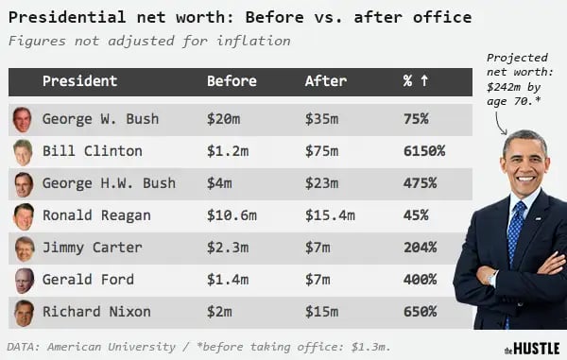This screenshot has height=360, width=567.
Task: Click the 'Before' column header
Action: click(232, 81)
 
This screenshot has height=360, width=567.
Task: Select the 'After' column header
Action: click(326, 81)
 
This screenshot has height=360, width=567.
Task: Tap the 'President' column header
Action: click(79, 81)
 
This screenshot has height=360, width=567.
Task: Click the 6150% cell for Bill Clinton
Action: click(424, 151)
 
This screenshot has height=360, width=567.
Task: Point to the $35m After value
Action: click(325, 120)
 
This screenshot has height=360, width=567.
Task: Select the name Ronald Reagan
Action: click(95, 215)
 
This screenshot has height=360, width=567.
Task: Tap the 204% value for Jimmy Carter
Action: click(420, 248)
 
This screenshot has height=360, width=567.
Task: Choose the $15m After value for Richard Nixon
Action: click(325, 312)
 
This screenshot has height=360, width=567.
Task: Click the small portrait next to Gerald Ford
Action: click(24, 280)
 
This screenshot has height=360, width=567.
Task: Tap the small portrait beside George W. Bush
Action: click(24, 120)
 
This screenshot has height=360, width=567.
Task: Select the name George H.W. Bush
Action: click(108, 183)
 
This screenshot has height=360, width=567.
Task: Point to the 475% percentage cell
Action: click(420, 183)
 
